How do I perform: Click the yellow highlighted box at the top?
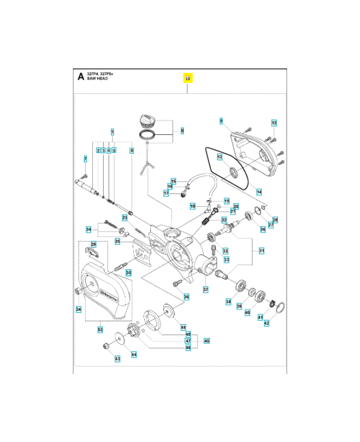click(188, 78)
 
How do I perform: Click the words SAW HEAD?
click(97, 79)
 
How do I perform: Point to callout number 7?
click(85, 159)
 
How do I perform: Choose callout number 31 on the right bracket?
click(262, 251)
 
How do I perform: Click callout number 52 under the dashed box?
click(100, 330)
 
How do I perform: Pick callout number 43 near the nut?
click(117, 359)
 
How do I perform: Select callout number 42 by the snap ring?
click(267, 323)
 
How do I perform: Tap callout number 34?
click(78, 309)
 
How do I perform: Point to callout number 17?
click(166, 193)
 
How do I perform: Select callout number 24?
click(88, 229)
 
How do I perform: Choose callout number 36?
click(186, 297)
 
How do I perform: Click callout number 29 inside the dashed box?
click(93, 244)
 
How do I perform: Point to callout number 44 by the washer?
click(134, 354)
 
